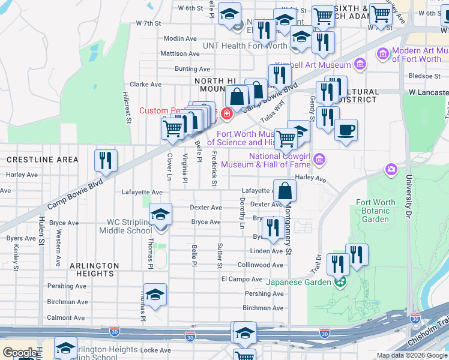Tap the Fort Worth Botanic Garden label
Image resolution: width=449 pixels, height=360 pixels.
(x=376, y=211)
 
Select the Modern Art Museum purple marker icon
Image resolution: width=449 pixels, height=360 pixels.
(x=382, y=55)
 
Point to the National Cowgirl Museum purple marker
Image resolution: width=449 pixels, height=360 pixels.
(x=320, y=159)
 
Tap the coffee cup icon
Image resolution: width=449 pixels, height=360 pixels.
(x=345, y=130)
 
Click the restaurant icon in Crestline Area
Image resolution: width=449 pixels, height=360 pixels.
(x=106, y=160)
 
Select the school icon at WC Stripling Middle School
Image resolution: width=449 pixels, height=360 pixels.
(x=160, y=214)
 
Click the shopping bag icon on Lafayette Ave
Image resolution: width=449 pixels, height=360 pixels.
(x=285, y=191)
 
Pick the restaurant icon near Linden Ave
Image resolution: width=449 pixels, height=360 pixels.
(x=274, y=228)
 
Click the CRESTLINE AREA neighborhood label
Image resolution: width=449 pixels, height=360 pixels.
(x=42, y=160)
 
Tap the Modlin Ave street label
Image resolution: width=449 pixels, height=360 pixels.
(x=180, y=38)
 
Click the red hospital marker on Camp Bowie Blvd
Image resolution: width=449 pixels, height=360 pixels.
(x=227, y=113)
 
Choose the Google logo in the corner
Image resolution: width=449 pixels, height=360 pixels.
(x=19, y=353)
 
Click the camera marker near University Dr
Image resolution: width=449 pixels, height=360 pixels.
(x=392, y=170)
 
